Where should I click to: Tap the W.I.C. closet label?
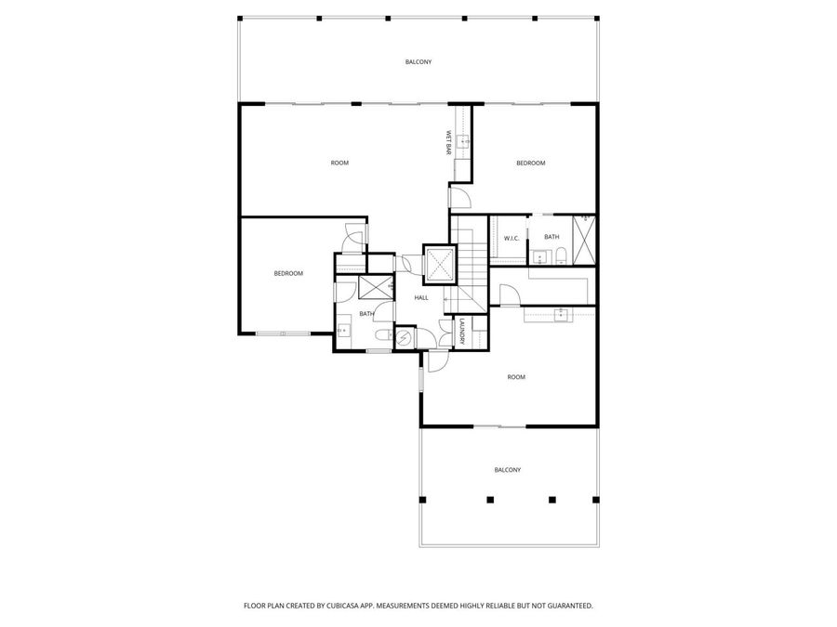click(511, 239)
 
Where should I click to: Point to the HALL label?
click(421, 297)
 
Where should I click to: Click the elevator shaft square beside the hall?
click(440, 264)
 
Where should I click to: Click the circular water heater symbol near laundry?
click(405, 338)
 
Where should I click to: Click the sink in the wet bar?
click(461, 142)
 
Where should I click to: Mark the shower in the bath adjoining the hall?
click(375, 287)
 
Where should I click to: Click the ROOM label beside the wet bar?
click(339, 163)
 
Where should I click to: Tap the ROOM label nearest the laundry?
click(516, 377)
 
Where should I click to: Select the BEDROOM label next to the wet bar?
click(531, 163)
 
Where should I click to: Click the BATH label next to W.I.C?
click(552, 237)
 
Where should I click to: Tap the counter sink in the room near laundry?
click(561, 315)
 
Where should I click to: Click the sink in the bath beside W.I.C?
click(538, 257)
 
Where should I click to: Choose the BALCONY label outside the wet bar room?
click(418, 62)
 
